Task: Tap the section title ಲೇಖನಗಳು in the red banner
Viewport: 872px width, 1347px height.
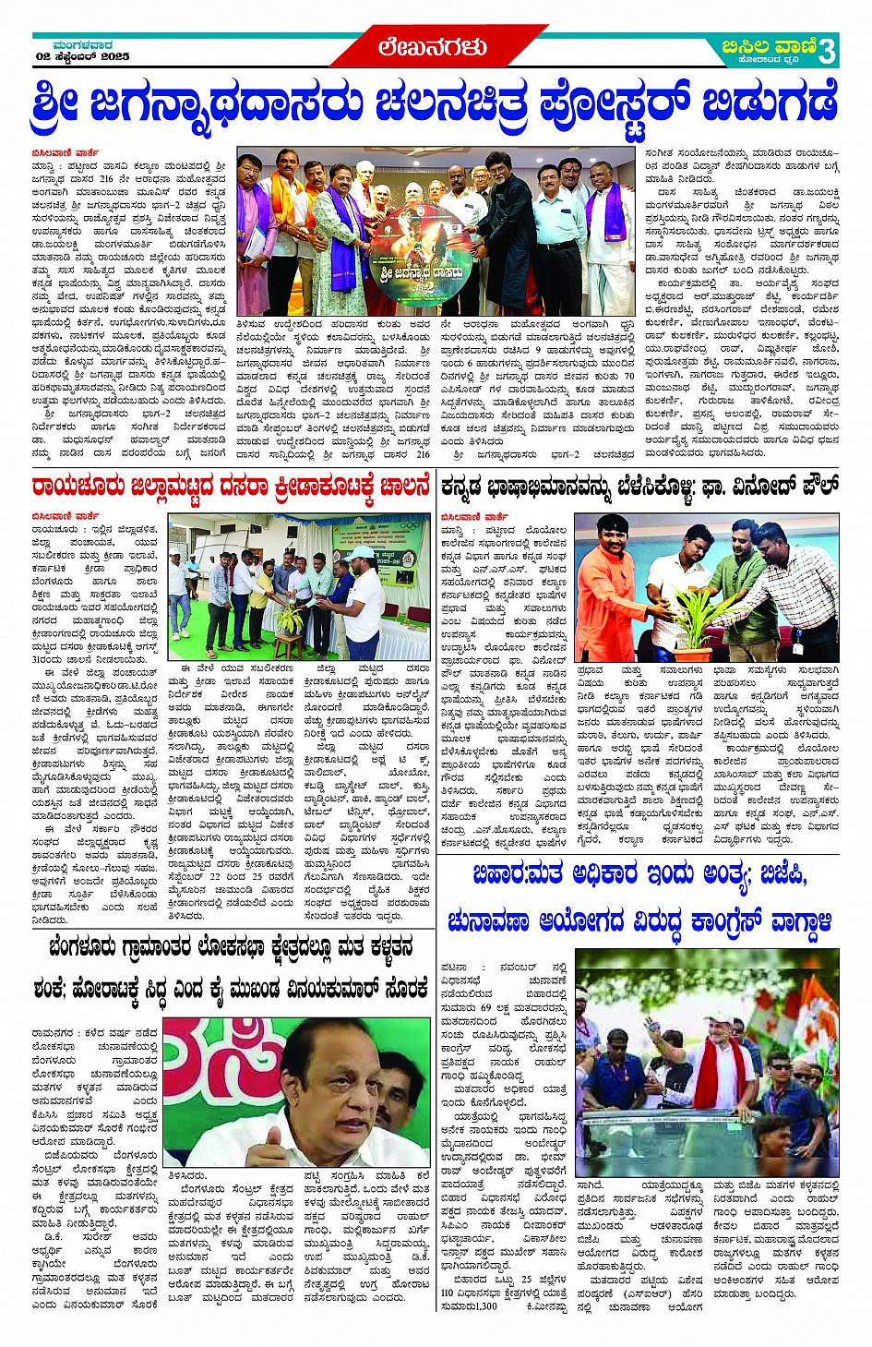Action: (432, 47)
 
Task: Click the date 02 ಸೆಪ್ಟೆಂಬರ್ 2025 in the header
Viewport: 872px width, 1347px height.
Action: (82, 56)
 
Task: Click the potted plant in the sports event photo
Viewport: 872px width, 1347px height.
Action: (290, 617)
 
